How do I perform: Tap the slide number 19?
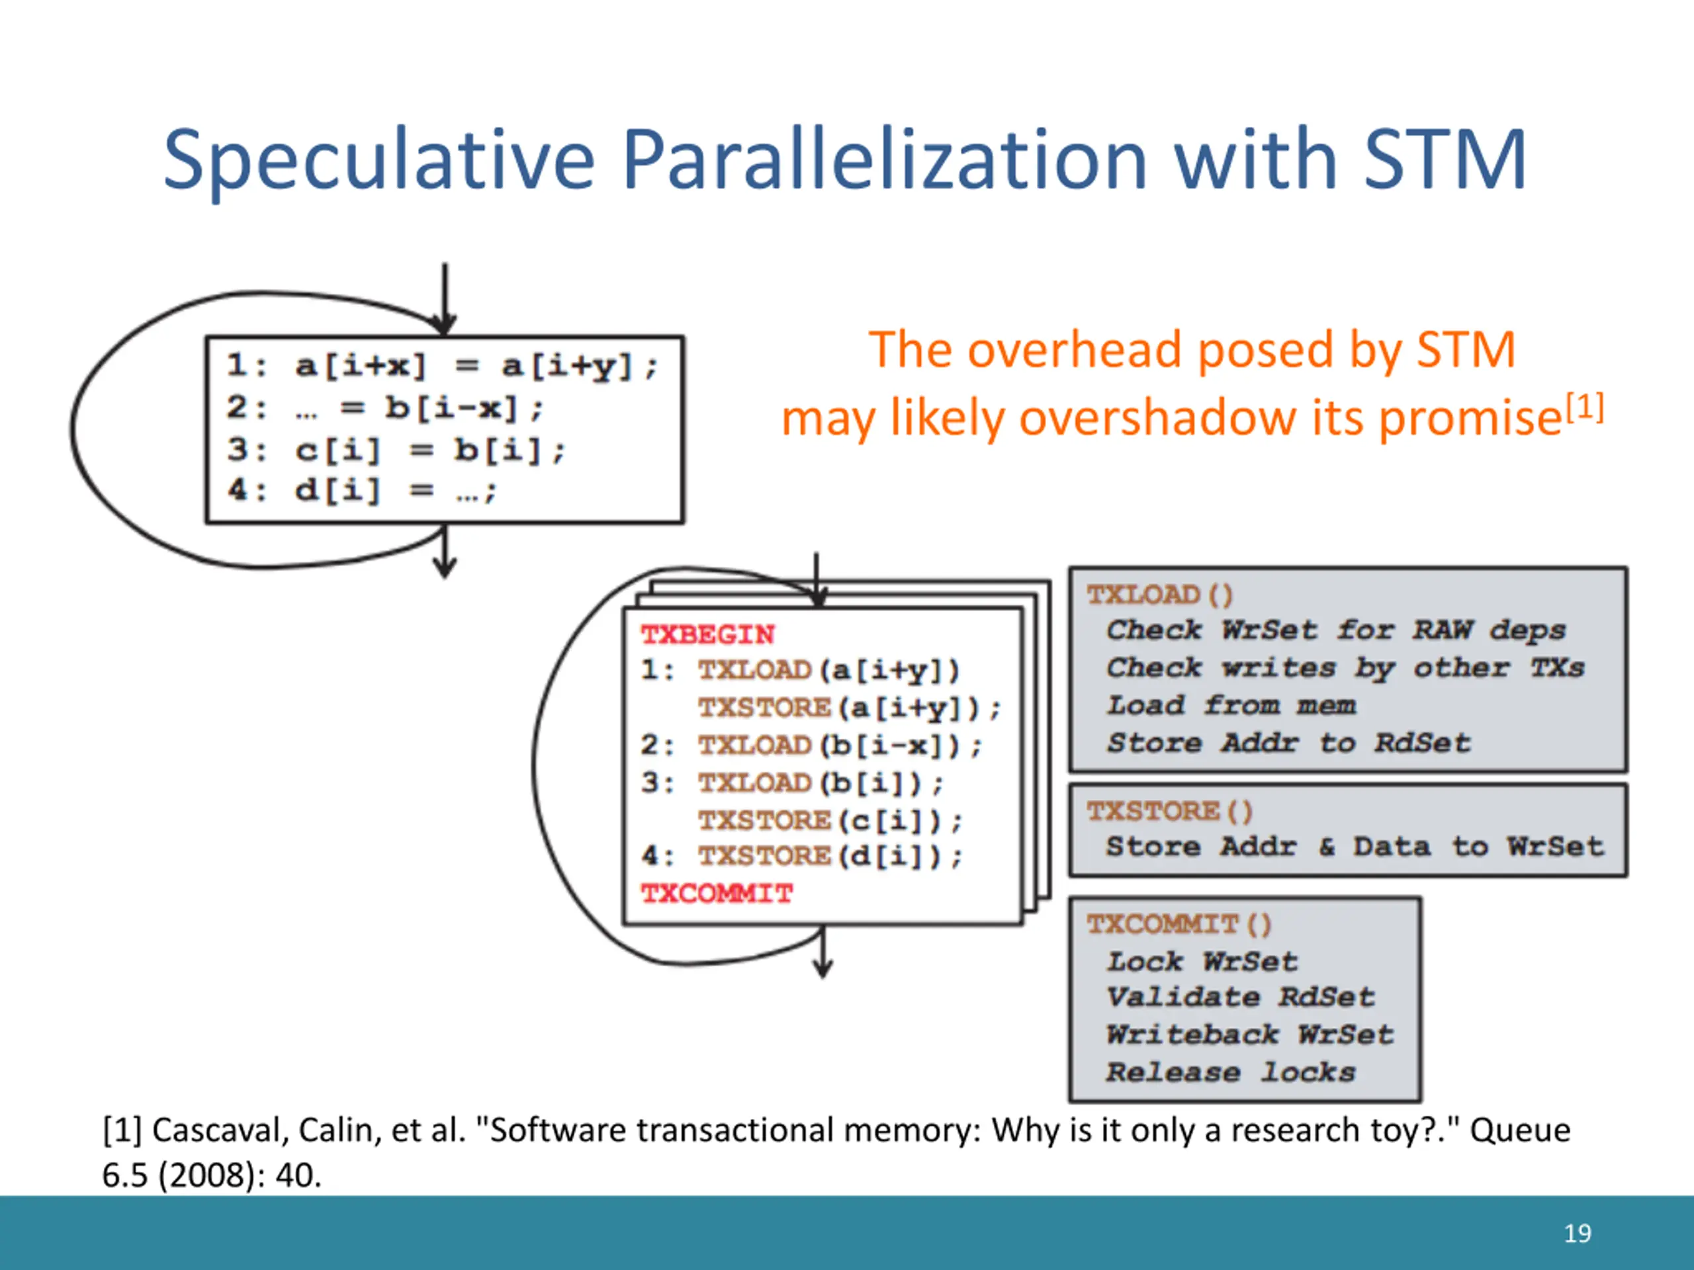tap(1577, 1233)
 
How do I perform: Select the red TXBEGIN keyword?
tap(707, 634)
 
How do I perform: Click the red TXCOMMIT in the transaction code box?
tap(717, 894)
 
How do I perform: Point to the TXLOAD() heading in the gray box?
tap(1159, 595)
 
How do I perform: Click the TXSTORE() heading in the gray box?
tap(1169, 811)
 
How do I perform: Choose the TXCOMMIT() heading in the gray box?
tap(1178, 924)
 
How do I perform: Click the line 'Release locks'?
tap(1230, 1072)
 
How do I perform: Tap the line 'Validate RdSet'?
tap(1240, 997)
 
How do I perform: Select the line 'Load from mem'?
tap(1230, 705)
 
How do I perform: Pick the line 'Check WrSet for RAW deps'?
tap(1335, 630)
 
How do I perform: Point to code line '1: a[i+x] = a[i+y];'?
tap(442, 366)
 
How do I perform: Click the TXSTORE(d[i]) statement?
tap(829, 856)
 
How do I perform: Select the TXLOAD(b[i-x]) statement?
tap(838, 745)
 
